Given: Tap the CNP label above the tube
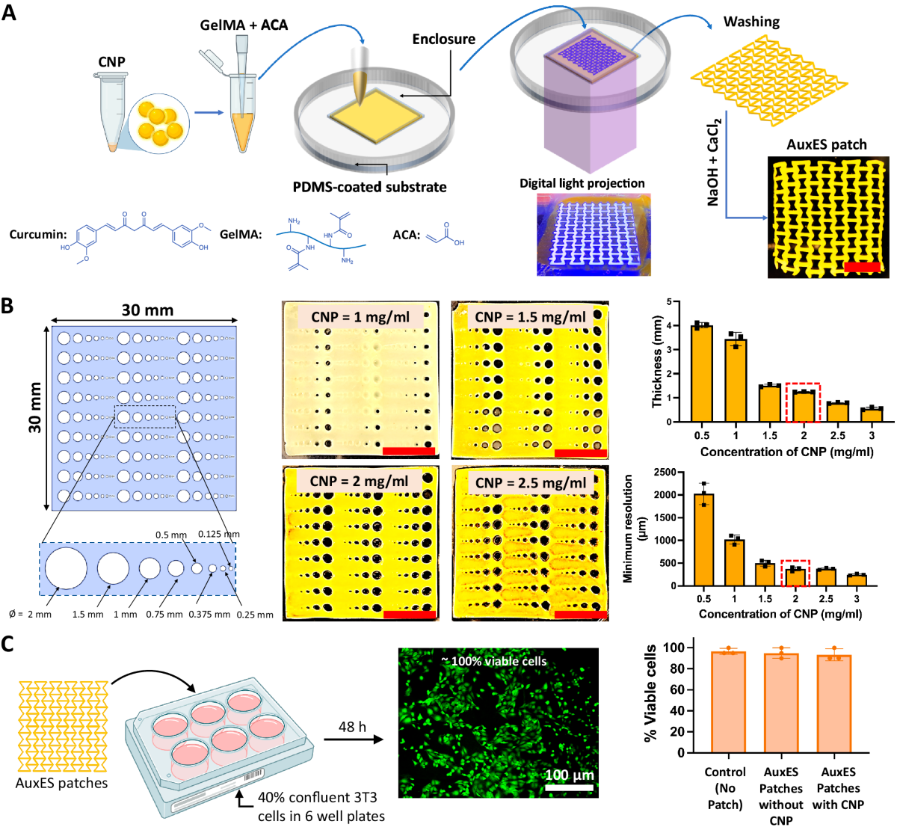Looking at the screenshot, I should tap(111, 62).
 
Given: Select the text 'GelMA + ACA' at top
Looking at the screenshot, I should tap(244, 25).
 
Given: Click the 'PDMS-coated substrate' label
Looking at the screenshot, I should tap(369, 187).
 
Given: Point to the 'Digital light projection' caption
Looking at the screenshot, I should tap(582, 183).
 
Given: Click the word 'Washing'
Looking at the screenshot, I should tap(751, 22).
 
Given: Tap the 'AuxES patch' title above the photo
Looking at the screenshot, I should tap(827, 144).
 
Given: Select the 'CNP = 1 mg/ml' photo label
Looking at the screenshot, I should tap(360, 317).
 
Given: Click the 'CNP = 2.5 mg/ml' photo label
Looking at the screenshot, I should tap(531, 483).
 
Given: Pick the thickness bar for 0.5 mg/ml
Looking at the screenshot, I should tap(701, 374).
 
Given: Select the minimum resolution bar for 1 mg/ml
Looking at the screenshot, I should tap(734, 562).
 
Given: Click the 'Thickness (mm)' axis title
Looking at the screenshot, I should tap(657, 361).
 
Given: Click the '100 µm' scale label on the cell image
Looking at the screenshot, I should tap(570, 775).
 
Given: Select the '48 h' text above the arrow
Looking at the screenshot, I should tap(352, 727).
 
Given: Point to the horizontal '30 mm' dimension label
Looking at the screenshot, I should tap(147, 310).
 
